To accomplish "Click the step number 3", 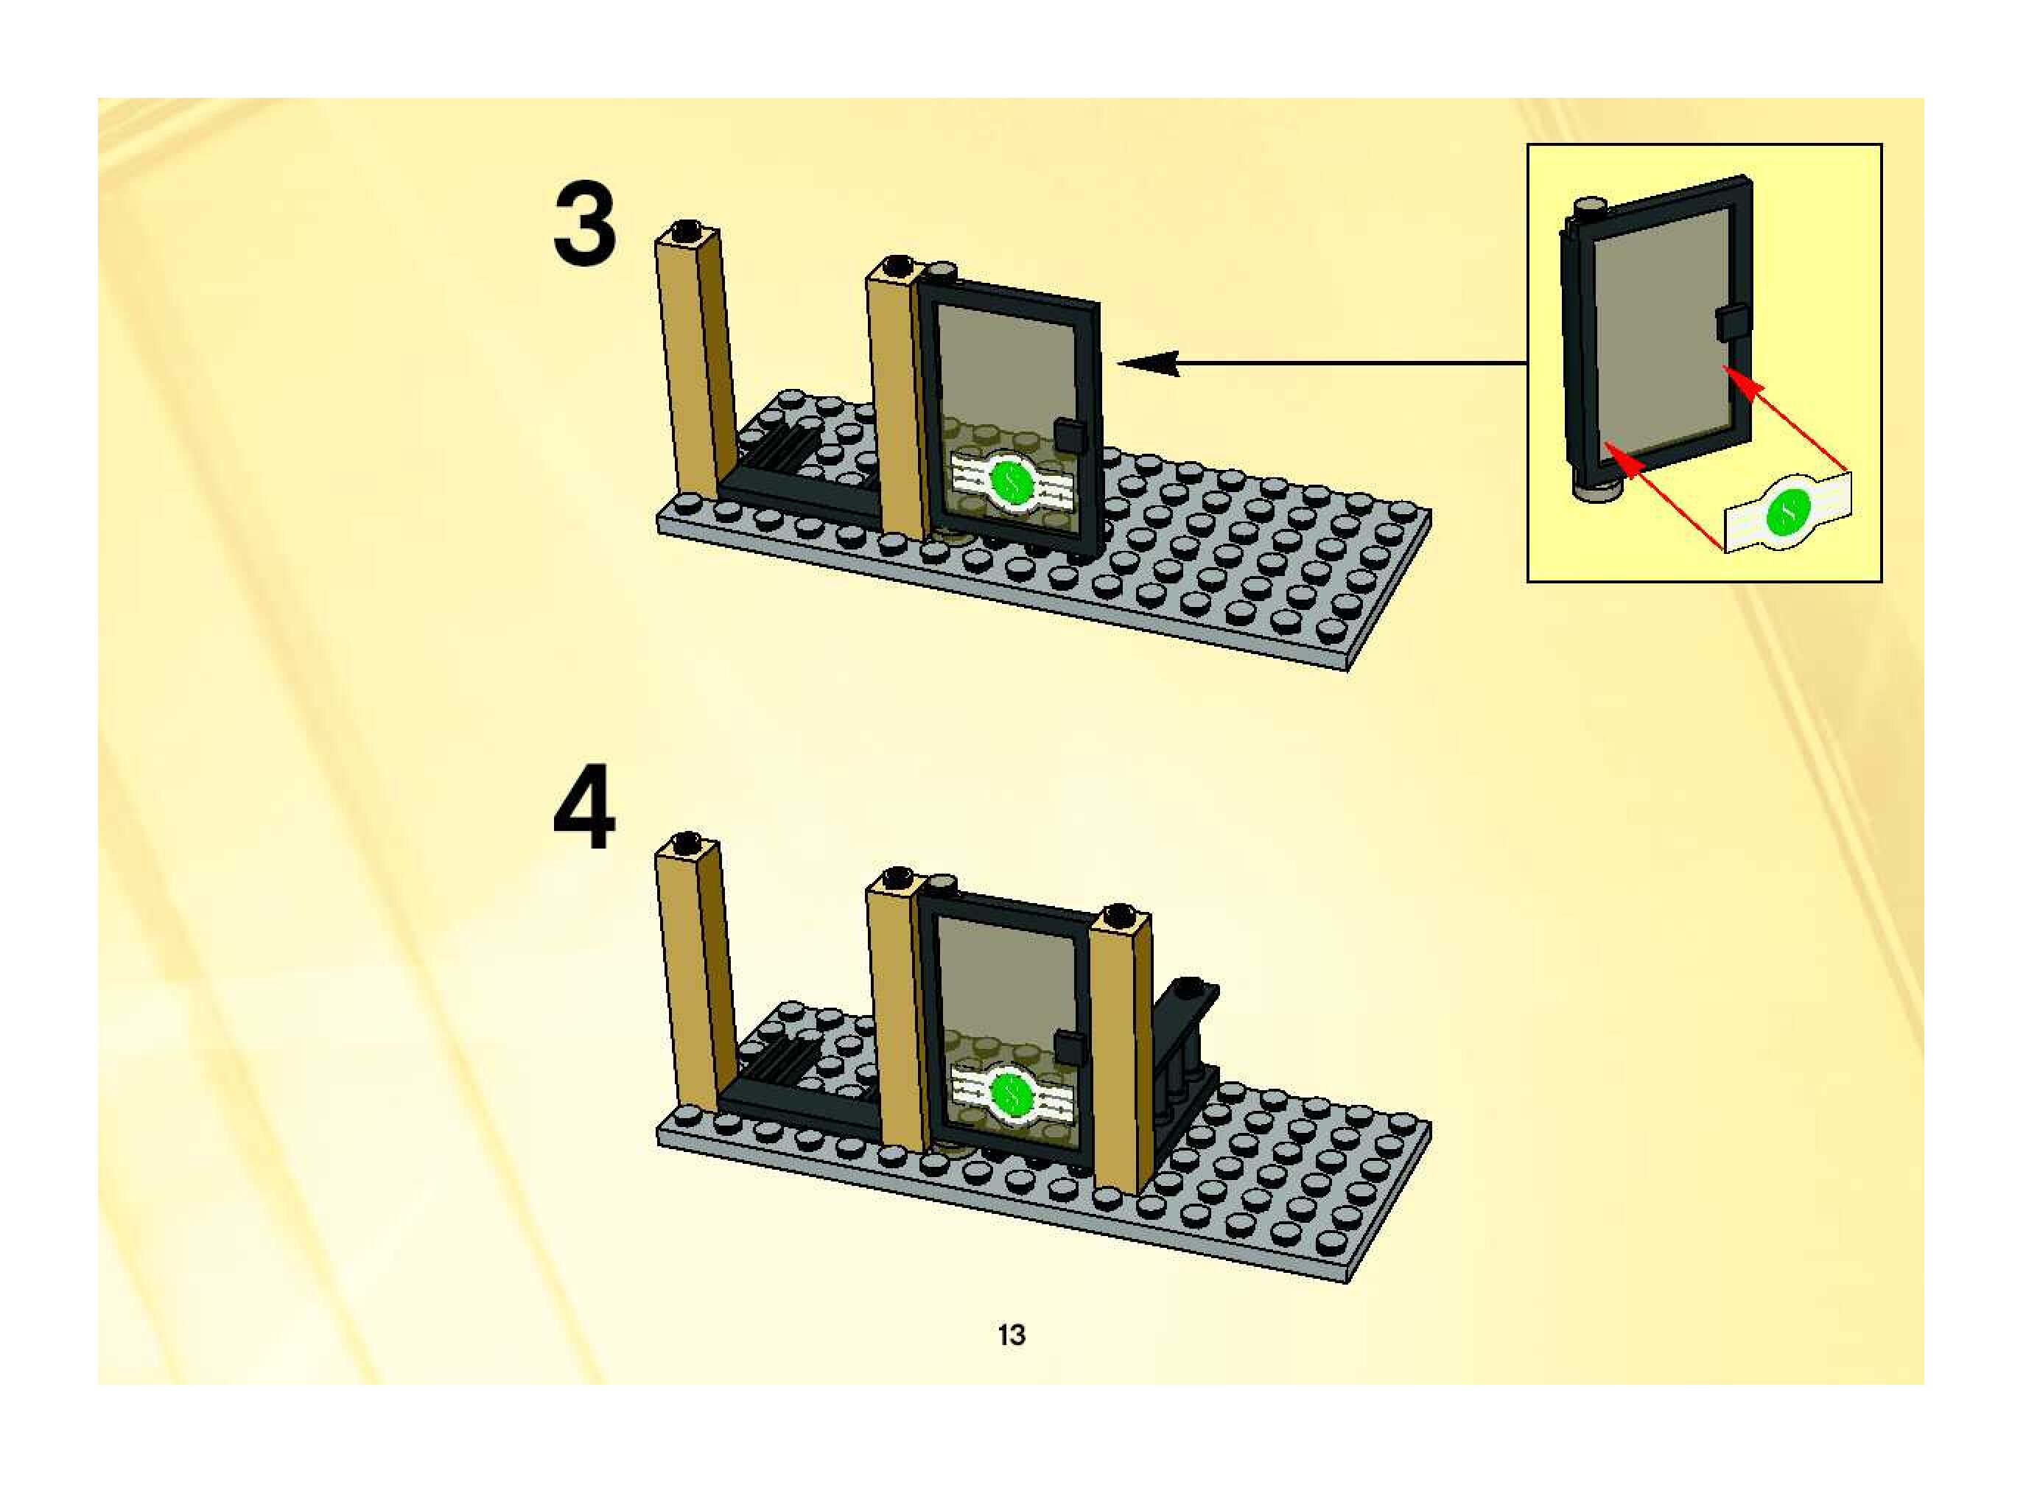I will tap(584, 225).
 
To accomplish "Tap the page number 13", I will tap(1012, 1335).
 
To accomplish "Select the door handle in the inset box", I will tap(1732, 323).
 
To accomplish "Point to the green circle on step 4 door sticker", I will tap(1012, 1093).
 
